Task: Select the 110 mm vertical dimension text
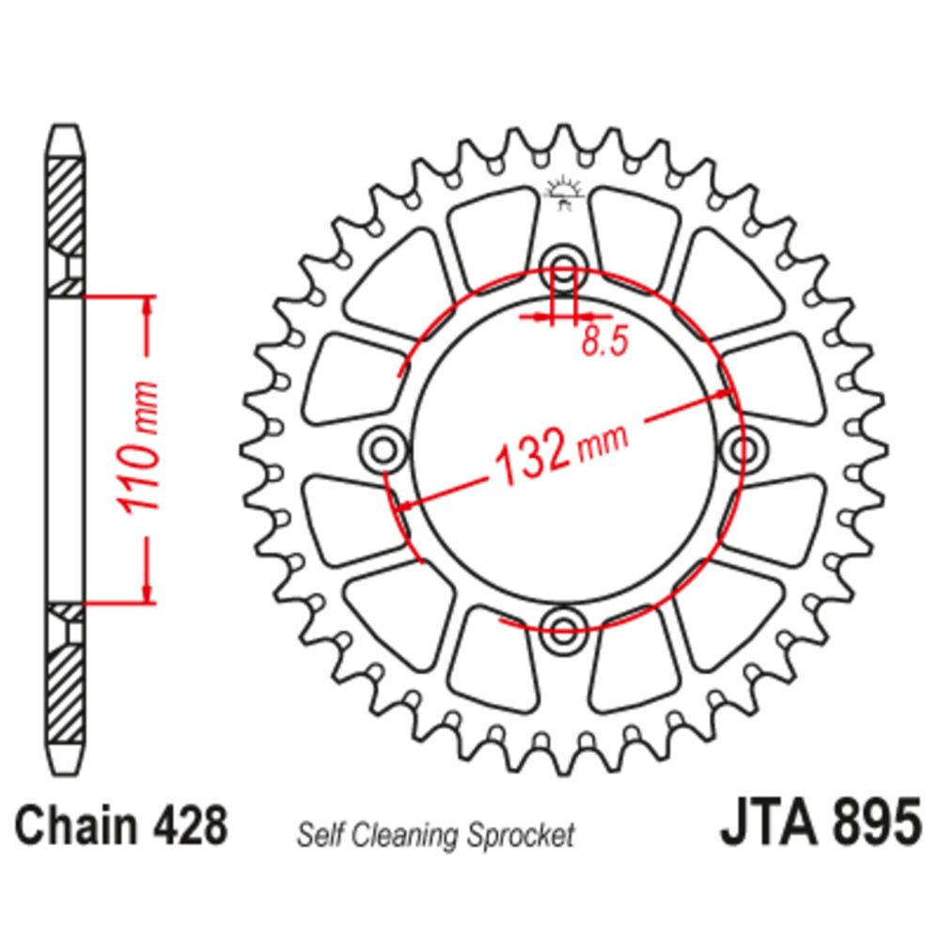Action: (139, 447)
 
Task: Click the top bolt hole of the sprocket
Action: (563, 267)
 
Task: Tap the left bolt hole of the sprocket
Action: (384, 448)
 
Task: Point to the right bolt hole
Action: (744, 448)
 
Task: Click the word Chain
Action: (75, 825)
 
